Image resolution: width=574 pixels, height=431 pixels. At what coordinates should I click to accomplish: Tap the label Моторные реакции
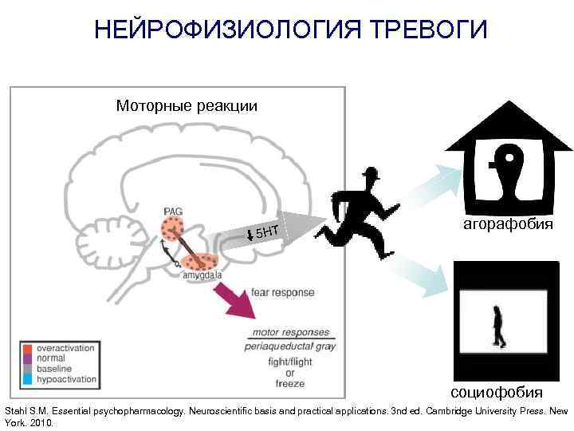(x=187, y=105)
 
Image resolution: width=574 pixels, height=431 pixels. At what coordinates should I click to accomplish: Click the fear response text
(x=282, y=292)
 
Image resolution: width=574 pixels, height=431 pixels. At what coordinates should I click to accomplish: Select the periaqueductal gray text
(x=290, y=346)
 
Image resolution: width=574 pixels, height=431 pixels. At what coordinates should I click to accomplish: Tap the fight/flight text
(x=290, y=362)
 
